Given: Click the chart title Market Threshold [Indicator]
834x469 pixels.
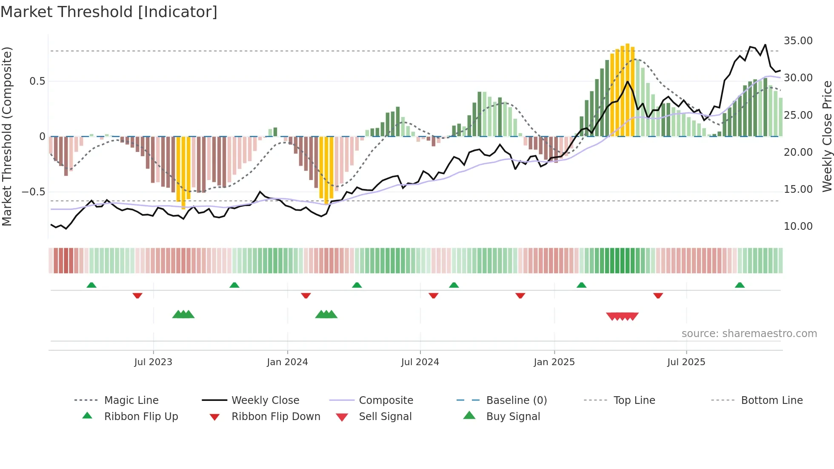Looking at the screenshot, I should coord(109,12).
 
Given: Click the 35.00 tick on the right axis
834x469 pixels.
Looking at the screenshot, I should coord(798,41).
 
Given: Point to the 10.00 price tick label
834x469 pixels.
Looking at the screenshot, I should coord(798,226).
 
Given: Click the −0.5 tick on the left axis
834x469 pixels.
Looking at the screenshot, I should coord(33,192).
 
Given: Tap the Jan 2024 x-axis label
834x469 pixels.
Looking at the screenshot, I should coord(287,362).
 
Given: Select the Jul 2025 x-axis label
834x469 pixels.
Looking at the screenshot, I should coord(686,362).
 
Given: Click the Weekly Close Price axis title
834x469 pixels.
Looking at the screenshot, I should coord(827,136).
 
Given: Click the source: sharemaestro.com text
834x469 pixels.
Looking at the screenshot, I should coord(749,334).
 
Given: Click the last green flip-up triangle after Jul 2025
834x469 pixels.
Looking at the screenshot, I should coord(740,285).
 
